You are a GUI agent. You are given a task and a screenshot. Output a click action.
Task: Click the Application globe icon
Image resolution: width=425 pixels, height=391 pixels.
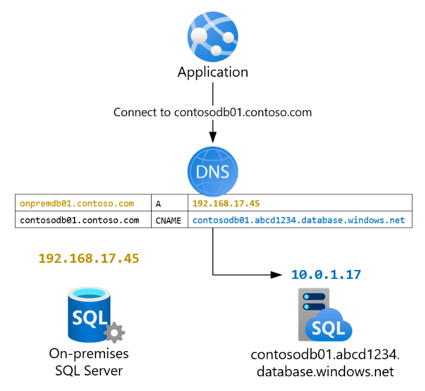point(213,36)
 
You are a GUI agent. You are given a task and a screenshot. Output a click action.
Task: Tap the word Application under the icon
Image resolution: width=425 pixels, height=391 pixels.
point(213,72)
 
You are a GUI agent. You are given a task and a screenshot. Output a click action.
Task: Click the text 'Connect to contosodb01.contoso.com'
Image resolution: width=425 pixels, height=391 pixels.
point(213,112)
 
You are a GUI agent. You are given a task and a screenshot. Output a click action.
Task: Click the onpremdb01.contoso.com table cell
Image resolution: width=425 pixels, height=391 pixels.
point(83,203)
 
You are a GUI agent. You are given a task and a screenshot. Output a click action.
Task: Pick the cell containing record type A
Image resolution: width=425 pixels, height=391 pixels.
point(170,203)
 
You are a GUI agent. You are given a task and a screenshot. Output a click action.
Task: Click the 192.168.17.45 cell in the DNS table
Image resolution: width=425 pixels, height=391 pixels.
point(299,203)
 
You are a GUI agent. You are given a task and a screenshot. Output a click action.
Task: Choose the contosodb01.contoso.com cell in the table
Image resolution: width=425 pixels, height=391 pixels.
point(83,220)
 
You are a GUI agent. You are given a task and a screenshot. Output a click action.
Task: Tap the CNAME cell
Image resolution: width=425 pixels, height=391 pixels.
point(170,220)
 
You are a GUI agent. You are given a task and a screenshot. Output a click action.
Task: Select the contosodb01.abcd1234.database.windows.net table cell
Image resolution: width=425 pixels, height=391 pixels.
point(299,220)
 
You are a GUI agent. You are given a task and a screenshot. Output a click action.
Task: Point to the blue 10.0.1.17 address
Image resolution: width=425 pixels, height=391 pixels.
point(326,275)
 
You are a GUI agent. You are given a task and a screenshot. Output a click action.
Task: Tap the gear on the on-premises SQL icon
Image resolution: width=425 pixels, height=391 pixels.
point(113,331)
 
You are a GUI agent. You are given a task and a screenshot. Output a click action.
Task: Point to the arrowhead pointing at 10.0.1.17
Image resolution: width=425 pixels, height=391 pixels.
point(276,275)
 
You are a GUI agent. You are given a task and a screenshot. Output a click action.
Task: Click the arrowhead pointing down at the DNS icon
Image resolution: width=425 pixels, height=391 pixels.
point(213,135)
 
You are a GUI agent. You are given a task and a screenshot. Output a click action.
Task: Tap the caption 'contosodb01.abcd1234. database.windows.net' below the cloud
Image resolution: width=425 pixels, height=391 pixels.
point(326,363)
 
